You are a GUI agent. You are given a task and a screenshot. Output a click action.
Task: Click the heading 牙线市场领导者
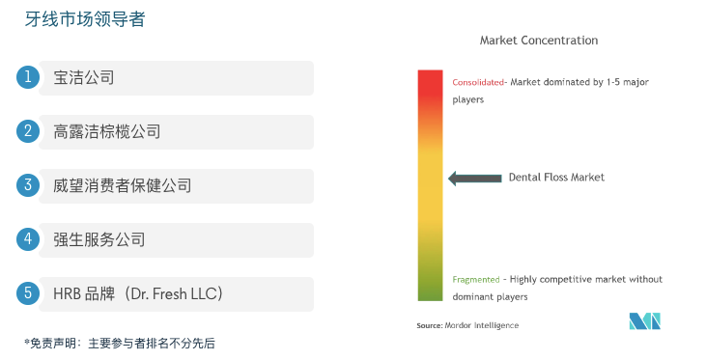click(85, 19)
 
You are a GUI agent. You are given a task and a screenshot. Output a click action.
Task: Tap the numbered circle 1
click(29, 77)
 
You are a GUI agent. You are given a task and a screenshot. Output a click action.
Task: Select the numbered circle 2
click(29, 131)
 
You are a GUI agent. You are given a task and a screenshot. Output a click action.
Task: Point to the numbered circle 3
click(29, 185)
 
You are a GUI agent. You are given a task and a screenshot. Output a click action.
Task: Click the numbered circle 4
click(29, 239)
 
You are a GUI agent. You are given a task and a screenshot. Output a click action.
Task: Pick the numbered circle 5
click(29, 293)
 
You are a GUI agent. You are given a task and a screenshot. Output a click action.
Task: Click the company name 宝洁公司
click(84, 77)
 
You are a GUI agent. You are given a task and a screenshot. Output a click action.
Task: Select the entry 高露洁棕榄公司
click(107, 131)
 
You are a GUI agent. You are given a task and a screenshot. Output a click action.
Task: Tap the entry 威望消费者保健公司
click(123, 185)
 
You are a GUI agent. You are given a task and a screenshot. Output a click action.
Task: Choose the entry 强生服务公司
click(99, 239)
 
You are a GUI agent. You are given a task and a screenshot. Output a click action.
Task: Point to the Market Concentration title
click(539, 41)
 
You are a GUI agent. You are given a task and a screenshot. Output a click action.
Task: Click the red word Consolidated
click(478, 82)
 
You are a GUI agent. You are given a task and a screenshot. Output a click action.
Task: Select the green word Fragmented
click(476, 280)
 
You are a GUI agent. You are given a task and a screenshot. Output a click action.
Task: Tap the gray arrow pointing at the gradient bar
click(473, 178)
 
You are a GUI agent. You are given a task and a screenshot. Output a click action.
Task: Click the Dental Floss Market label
click(556, 178)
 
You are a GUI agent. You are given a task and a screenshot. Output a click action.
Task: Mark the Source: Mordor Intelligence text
click(467, 325)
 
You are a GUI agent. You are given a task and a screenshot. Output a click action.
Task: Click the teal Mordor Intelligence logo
click(645, 320)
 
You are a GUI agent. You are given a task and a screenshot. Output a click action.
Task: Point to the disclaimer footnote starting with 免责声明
click(120, 343)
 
